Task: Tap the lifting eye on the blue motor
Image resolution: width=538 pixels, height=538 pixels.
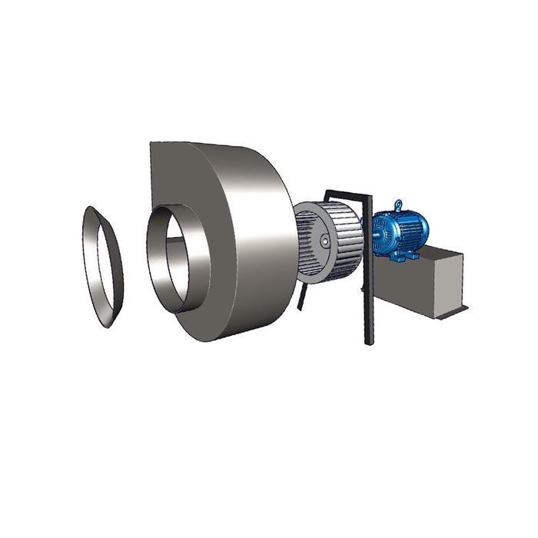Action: click(398, 205)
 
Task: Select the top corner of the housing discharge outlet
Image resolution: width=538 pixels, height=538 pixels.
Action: click(154, 144)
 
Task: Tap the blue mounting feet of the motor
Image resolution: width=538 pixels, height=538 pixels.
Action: click(400, 255)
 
